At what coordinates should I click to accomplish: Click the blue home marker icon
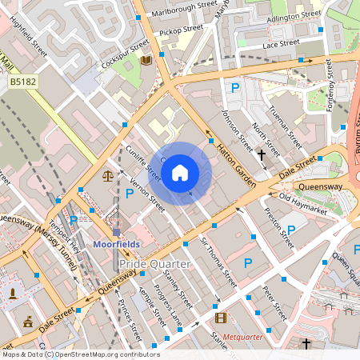(180, 173)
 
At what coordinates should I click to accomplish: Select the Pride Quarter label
(154, 263)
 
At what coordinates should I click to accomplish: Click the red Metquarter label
(246, 337)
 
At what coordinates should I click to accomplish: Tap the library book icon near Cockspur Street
(146, 60)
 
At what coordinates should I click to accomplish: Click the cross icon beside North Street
(261, 153)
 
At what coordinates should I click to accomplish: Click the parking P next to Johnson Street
(235, 87)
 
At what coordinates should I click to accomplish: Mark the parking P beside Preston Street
(291, 230)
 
